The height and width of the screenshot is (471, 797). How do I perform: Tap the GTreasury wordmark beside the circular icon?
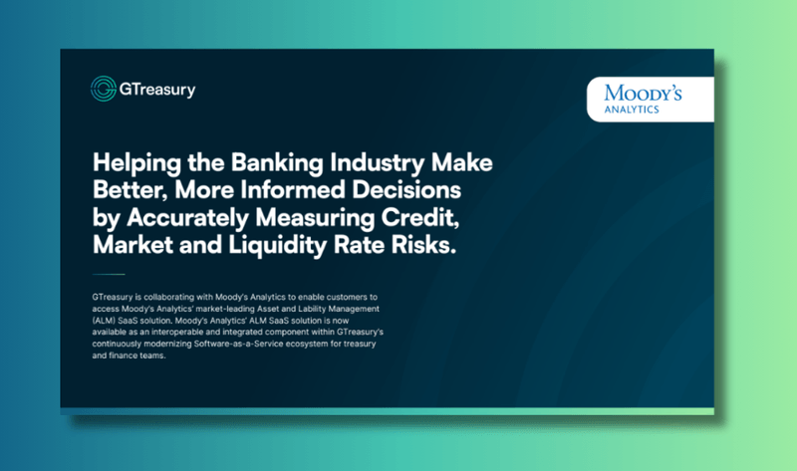click(x=157, y=89)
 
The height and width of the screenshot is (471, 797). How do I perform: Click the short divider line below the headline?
click(x=108, y=274)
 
